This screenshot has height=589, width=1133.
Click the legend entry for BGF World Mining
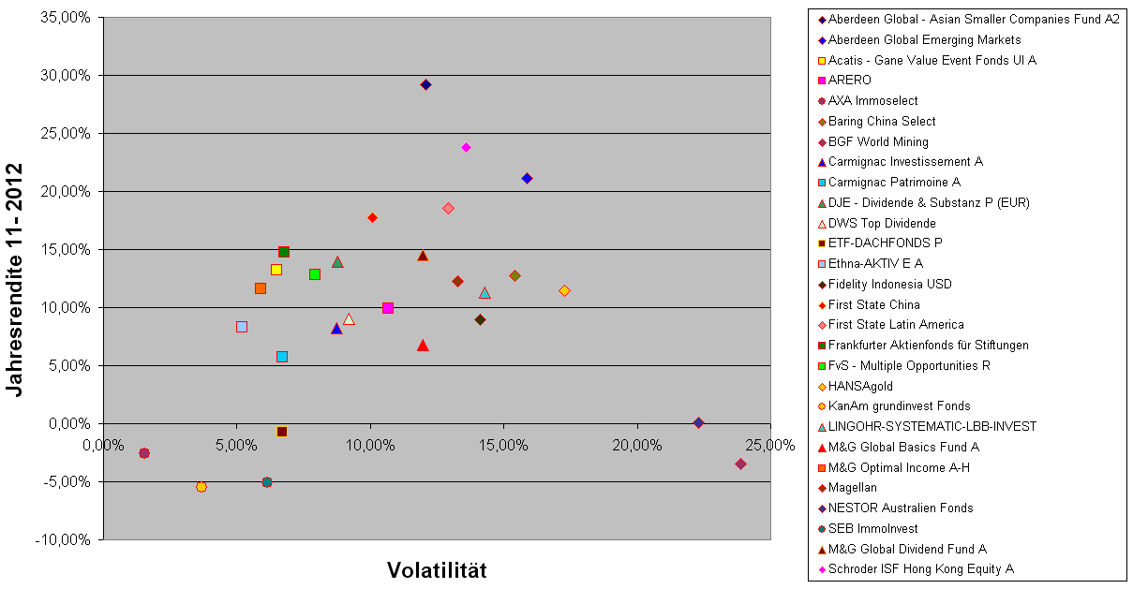[878, 141]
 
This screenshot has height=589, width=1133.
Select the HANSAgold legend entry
[860, 386]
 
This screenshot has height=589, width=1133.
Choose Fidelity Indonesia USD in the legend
[889, 284]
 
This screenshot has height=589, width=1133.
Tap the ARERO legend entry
[849, 81]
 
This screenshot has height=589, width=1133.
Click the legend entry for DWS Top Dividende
[882, 223]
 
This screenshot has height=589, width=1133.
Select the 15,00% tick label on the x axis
[503, 445]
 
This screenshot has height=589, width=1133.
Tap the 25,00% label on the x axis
[770, 445]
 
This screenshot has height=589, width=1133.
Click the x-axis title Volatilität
[437, 570]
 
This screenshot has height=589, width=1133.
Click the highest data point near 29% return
[425, 84]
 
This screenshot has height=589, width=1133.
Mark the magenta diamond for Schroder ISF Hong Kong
[466, 147]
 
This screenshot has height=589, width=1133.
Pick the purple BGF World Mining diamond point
[740, 464]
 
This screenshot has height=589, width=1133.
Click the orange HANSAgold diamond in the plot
[564, 290]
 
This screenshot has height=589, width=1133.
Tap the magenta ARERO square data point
[388, 308]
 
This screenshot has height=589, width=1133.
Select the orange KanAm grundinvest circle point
[201, 487]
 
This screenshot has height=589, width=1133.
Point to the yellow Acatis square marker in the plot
[276, 270]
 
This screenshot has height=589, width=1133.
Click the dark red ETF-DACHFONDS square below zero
[282, 432]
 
